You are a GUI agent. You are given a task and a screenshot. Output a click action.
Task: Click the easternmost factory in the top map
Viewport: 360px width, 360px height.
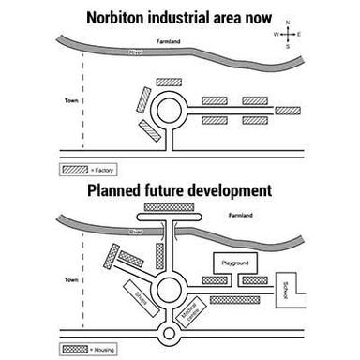[x=287, y=110]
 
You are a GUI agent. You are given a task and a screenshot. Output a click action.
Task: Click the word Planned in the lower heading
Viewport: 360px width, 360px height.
[x=117, y=190]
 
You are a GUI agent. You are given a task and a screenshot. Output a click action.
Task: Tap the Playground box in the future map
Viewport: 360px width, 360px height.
[x=233, y=264]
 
